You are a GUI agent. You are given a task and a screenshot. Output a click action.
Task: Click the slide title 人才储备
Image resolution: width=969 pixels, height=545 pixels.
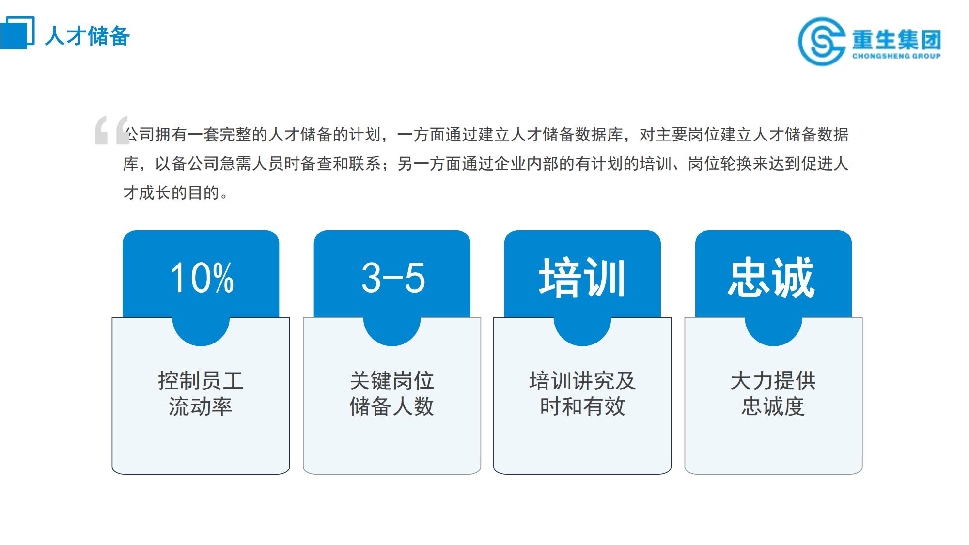pos(87,36)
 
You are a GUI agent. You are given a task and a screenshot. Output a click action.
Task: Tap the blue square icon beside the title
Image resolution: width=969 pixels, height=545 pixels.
pos(17,32)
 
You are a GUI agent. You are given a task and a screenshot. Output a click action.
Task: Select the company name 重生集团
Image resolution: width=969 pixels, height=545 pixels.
pos(896,39)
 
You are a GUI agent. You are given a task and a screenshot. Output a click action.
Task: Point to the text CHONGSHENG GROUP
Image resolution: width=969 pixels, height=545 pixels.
pos(896,56)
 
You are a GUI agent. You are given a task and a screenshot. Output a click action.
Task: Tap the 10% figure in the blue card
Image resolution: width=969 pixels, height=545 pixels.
pos(202,278)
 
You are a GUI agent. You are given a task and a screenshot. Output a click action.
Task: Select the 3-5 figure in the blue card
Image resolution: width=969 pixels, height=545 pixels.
pos(393,278)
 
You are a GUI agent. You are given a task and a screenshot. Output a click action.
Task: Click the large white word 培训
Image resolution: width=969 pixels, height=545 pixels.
pos(582,277)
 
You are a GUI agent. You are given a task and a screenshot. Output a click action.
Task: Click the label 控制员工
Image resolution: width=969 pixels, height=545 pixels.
pos(201,381)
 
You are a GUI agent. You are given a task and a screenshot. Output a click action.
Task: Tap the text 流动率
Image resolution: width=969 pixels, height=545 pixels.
pos(201,406)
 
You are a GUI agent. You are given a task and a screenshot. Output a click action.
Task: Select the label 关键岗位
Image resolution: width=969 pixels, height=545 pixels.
pos(392,381)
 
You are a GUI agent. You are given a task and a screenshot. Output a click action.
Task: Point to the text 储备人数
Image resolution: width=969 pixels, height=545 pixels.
pos(392,406)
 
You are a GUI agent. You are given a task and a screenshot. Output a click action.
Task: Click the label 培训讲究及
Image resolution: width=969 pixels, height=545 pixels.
pos(582,381)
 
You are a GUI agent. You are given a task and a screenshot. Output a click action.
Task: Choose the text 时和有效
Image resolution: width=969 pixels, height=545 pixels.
pos(582,406)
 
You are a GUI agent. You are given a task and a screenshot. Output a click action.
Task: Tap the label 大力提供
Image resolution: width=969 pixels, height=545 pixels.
pos(773,381)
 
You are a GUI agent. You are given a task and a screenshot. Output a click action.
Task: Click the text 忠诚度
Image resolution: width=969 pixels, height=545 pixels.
pos(773,406)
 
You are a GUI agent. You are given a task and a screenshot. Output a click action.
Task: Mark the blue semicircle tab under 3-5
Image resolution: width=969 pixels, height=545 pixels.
pos(392,332)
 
